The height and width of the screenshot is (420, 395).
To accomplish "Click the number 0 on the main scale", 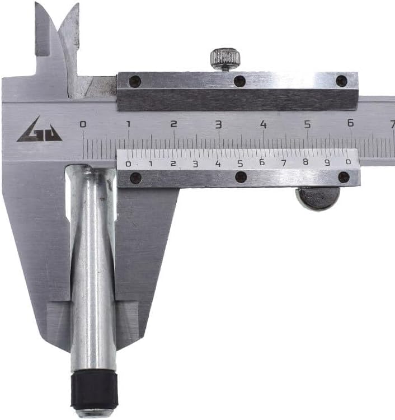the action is point(83,124).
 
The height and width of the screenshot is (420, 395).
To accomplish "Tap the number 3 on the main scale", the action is point(219,124).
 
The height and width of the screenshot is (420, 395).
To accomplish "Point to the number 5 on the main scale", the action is point(308,124).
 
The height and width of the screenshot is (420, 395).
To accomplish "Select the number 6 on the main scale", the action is point(351,123).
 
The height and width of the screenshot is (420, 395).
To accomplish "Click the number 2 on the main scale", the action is point(174,124).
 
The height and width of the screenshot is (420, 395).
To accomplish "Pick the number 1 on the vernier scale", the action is point(151,164).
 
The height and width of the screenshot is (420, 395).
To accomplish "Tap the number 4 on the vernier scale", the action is point(218,164).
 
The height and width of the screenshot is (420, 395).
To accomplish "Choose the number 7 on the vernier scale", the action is point(284,162).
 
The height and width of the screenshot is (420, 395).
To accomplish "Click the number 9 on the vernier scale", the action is point(327,162).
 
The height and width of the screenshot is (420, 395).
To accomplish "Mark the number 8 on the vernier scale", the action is point(305,161).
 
